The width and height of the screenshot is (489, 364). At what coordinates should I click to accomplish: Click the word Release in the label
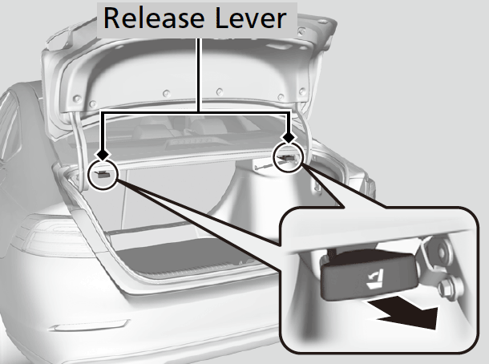(154, 18)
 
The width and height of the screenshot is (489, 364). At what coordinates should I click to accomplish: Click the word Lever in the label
(250, 18)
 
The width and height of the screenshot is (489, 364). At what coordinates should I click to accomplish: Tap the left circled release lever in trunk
(103, 174)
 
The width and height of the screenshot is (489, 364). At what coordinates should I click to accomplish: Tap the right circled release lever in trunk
(287, 158)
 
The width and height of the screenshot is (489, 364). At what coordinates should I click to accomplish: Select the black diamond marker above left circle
(103, 155)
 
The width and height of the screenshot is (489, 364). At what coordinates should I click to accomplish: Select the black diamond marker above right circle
(289, 137)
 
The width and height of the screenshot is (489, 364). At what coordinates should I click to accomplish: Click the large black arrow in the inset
(402, 313)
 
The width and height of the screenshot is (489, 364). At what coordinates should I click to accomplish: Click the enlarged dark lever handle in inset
(369, 275)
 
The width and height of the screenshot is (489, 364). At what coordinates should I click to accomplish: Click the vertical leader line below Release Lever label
(199, 75)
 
